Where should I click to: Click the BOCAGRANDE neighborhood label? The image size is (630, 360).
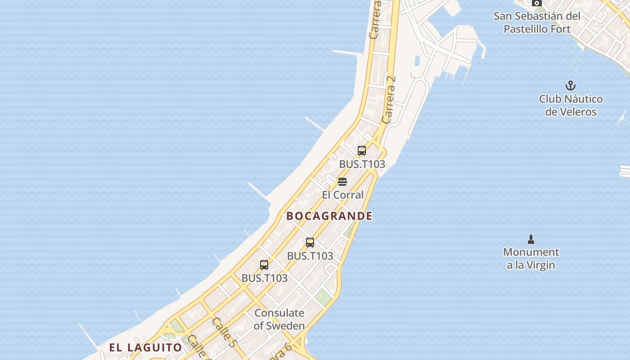(x=329, y=216)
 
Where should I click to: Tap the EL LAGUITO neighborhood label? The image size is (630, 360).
(x=145, y=347)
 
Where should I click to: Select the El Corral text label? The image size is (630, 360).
(x=343, y=195)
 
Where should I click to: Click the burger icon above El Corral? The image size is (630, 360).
(x=342, y=182)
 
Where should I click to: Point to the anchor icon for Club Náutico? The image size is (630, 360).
(x=571, y=85)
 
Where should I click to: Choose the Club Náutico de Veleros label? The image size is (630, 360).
(x=571, y=105)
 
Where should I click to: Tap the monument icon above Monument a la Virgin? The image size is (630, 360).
(x=531, y=239)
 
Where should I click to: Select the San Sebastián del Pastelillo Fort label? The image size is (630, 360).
(x=537, y=22)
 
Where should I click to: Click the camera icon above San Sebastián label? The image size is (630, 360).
(x=536, y=3)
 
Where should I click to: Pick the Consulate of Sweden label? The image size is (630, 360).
(x=279, y=319)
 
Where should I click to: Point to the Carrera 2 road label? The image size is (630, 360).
(x=389, y=100)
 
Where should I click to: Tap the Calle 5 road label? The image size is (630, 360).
(x=223, y=333)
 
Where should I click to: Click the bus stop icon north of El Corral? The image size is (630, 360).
(x=362, y=151)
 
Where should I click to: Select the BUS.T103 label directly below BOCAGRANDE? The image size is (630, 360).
(x=310, y=256)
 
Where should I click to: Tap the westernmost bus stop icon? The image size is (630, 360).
(x=264, y=265)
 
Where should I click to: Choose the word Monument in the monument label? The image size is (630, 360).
(x=531, y=252)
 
